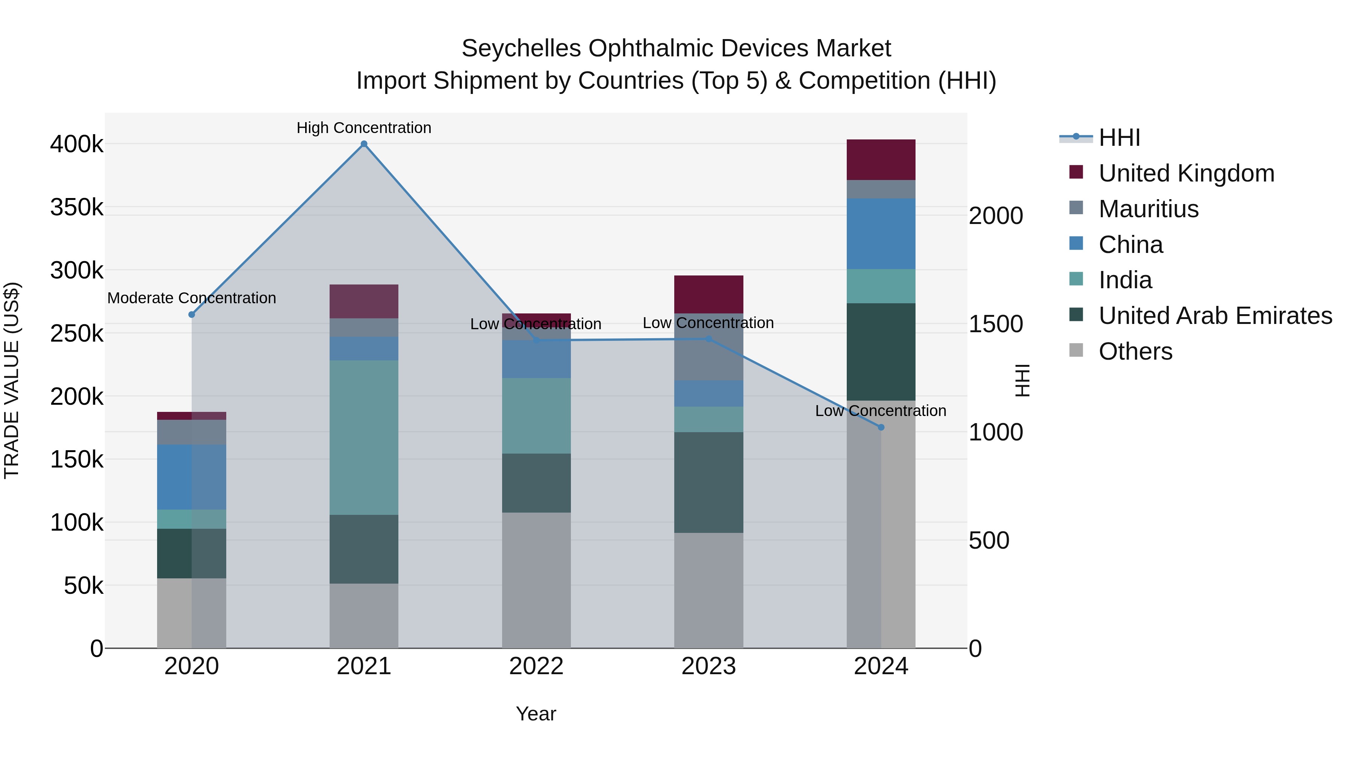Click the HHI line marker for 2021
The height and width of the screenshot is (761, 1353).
coord(364,144)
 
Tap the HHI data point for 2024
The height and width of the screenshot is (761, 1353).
coord(881,428)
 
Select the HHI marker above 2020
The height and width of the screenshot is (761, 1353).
coord(192,315)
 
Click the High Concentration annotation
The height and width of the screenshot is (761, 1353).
coord(363,128)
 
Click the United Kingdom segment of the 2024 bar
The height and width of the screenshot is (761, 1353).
coord(881,160)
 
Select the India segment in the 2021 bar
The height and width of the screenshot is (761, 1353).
coord(363,437)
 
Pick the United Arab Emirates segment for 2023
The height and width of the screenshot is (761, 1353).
coord(708,482)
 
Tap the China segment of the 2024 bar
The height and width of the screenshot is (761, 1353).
coord(881,234)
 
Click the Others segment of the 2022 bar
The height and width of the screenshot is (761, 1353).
coord(536,580)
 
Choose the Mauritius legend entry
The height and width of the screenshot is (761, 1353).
coord(1148,209)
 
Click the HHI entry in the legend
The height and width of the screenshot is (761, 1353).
coord(1119,138)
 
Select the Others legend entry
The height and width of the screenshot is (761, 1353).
coord(1135,351)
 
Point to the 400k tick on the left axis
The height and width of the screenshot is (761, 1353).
coord(77,144)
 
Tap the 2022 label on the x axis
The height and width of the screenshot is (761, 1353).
coord(536,666)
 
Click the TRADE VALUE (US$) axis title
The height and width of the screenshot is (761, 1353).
coord(12,380)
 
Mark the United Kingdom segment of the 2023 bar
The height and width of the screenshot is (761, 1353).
coord(708,294)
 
